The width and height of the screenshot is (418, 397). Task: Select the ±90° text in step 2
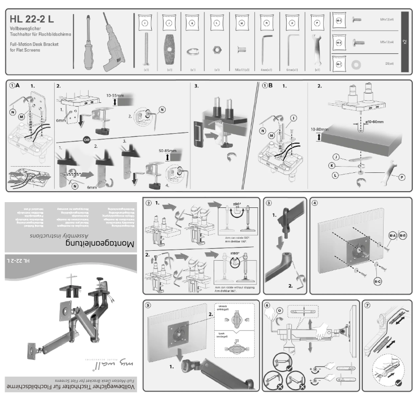238,204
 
